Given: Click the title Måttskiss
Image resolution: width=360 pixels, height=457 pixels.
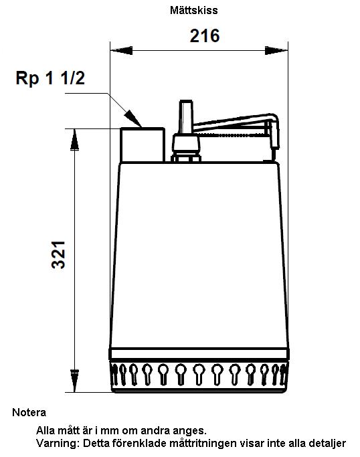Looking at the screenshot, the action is (193, 11).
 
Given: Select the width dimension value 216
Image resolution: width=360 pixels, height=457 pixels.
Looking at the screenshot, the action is (205, 36).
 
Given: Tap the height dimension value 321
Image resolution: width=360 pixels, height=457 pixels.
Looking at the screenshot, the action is (58, 255).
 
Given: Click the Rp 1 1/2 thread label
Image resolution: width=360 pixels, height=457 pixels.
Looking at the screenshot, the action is (50, 78).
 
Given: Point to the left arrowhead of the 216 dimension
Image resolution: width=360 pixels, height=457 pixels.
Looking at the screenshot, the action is (121, 50).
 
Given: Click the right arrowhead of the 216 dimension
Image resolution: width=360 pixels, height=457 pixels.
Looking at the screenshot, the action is (276, 50).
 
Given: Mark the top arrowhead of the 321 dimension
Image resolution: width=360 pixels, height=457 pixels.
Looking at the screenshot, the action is (75, 139).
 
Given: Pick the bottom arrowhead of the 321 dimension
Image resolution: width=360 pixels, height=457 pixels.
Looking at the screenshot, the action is (75, 381).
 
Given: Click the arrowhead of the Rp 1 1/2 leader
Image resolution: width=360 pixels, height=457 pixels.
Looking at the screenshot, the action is (133, 119).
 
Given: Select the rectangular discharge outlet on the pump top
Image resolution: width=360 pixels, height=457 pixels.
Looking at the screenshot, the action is (143, 145).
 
